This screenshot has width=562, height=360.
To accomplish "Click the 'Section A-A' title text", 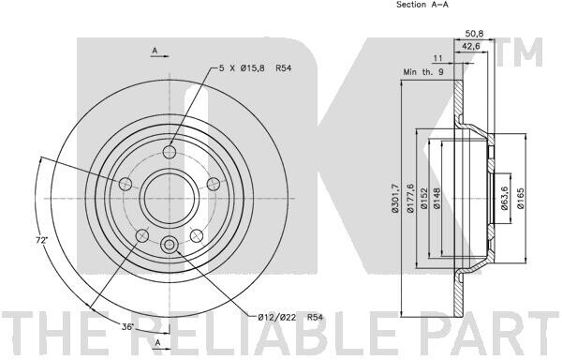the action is [422, 5].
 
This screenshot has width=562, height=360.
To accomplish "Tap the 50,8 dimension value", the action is [474, 34].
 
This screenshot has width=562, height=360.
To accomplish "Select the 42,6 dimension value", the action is [471, 46].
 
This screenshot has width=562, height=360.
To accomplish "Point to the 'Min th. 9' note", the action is [423, 71].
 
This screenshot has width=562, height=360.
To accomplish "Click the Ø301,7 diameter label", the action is [395, 199].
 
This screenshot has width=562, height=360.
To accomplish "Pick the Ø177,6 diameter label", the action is [411, 199].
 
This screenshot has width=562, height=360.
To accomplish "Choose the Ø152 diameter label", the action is [424, 199].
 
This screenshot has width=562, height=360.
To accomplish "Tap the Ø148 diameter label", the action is [436, 199].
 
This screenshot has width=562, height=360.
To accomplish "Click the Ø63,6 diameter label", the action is [504, 199].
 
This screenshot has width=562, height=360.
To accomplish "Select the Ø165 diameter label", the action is [521, 199].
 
